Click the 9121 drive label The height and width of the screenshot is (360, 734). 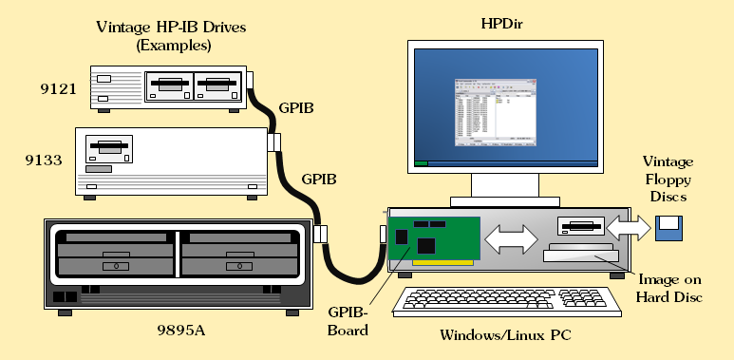(x=58, y=89)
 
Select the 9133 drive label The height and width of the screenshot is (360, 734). (x=44, y=161)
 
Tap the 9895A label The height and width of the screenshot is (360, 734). (x=181, y=331)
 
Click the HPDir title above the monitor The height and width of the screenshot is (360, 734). (x=501, y=24)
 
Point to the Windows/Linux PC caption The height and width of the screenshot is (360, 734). (x=505, y=335)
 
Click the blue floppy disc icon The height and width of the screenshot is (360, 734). (x=668, y=229)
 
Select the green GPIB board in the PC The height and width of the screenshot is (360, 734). (x=434, y=238)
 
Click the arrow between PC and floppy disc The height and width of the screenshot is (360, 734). (x=629, y=228)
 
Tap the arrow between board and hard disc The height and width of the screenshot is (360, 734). (x=511, y=239)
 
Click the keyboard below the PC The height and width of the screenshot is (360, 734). (x=507, y=301)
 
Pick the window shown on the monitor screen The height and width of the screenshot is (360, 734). (x=496, y=112)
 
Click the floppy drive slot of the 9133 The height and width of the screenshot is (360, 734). (x=108, y=146)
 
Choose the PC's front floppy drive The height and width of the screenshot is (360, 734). (x=580, y=226)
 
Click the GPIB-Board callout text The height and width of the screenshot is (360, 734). (x=348, y=321)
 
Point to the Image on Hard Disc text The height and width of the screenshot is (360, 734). (x=669, y=288)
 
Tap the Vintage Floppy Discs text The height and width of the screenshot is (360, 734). (x=668, y=180)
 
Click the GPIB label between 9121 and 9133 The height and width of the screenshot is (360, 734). (x=296, y=107)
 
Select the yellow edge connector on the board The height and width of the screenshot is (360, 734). (x=442, y=262)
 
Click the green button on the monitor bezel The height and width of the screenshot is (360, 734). (x=422, y=163)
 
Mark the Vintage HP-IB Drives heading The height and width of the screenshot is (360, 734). (x=171, y=35)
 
